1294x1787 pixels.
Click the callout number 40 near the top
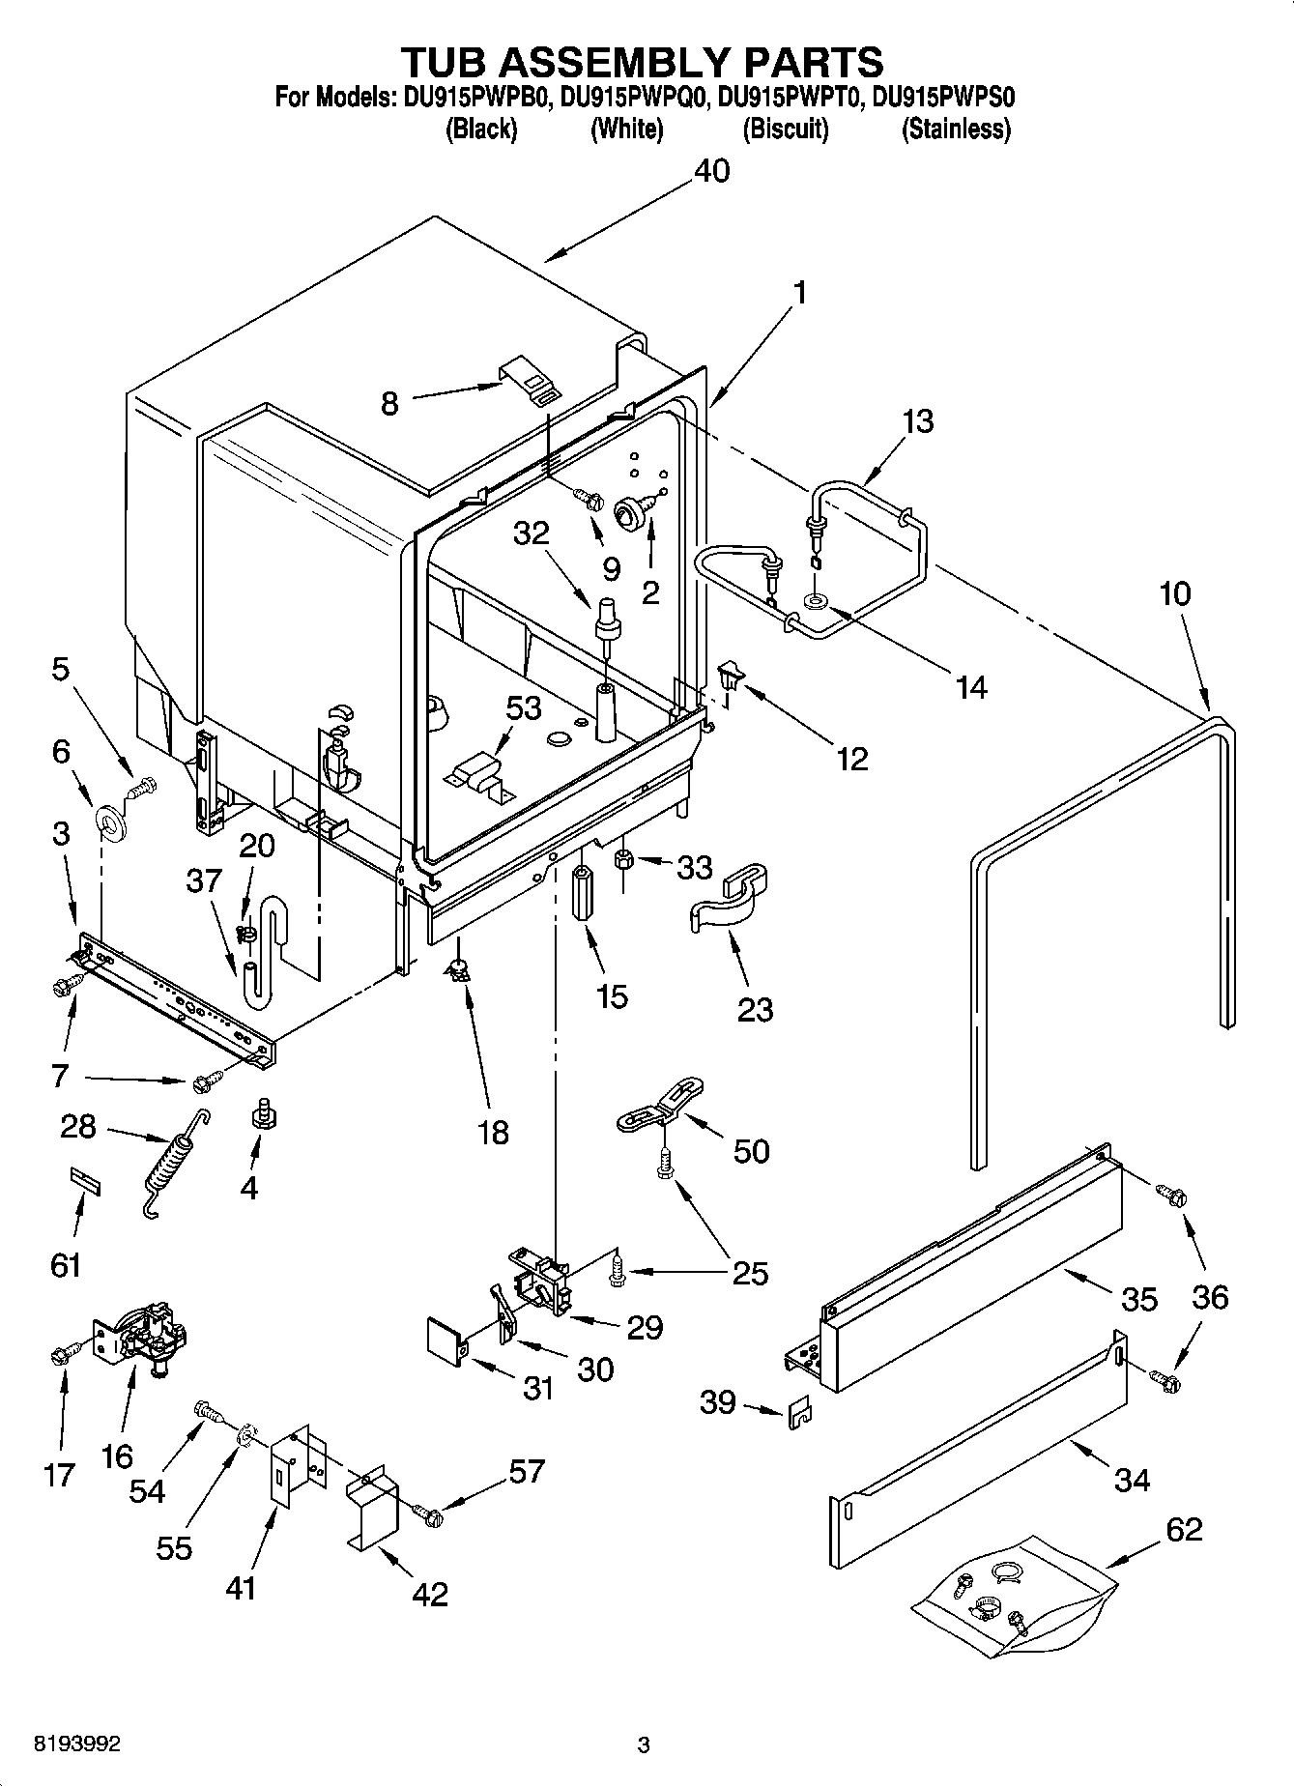coord(712,171)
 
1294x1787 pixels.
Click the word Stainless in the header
coord(955,129)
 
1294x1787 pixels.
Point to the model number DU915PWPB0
coord(474,97)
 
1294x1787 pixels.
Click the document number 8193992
coord(77,1744)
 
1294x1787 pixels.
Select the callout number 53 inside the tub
coord(523,707)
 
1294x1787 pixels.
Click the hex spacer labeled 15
coord(583,895)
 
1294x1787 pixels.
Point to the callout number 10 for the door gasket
coord(1174,592)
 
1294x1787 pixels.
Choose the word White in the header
coord(626,129)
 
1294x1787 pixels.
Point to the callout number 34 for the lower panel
coord(1131,1479)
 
